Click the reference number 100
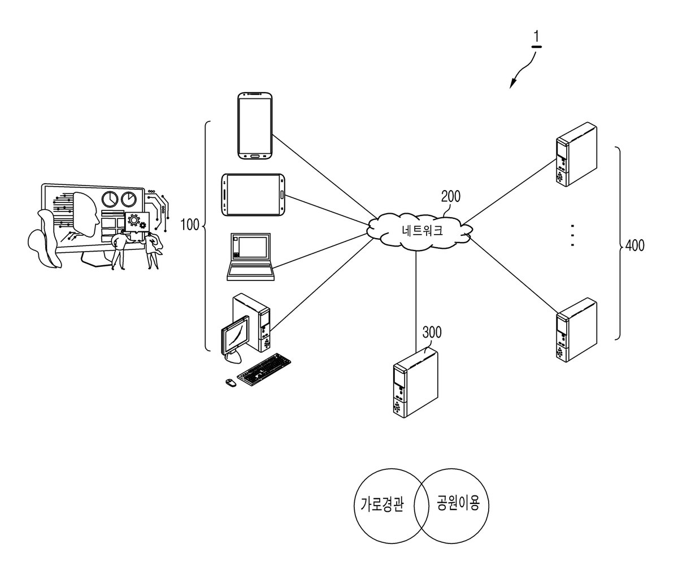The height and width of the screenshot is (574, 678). pos(190,225)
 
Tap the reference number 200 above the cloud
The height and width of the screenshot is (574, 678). pos(451,196)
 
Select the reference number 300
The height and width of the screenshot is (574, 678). pos(432,333)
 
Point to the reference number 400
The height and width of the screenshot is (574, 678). pos(635,245)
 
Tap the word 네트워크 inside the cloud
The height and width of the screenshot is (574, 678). pos(423,230)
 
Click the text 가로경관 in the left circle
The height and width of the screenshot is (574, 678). pos(383,504)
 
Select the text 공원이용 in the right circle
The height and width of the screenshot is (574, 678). pos(458,503)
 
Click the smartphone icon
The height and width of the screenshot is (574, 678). pos(255,126)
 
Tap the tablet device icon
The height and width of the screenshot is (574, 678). pos(253,195)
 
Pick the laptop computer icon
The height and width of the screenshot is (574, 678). pos(251,257)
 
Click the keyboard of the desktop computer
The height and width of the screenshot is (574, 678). pos(264,369)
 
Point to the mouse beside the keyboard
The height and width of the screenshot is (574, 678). pos(231,382)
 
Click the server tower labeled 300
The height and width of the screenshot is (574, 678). pos(415,383)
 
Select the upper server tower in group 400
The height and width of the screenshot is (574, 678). pos(576,154)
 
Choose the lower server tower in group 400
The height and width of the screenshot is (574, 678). pos(576,330)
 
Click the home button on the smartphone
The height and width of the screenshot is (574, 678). pos(255,156)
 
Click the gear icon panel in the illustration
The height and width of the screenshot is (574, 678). pos(137,222)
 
